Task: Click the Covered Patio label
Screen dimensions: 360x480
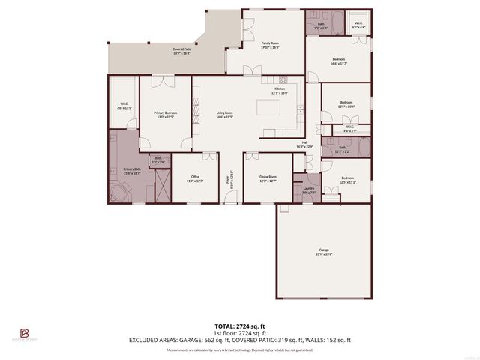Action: coord(181,52)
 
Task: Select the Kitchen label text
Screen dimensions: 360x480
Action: coord(280,90)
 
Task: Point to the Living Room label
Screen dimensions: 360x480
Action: coord(224,115)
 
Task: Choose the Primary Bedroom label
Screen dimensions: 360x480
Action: coord(166,115)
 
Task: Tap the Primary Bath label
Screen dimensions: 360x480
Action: coord(132,171)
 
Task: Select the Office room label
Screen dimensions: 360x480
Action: coord(195,179)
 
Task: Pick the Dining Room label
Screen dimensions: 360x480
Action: coord(268,179)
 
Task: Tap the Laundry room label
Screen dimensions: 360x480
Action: coord(309,190)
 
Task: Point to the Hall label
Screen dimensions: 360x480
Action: coord(305,144)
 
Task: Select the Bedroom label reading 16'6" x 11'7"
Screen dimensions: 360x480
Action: coord(339,61)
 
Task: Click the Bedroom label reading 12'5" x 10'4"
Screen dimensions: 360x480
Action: coord(346,104)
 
